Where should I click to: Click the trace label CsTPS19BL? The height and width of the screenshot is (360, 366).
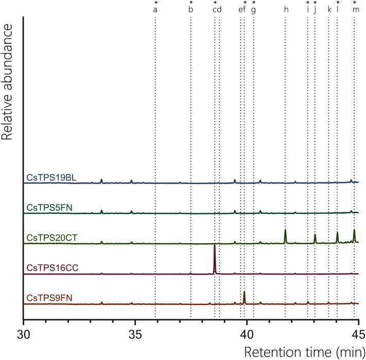click(x=51, y=178)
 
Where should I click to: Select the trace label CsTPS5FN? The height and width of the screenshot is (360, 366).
click(x=49, y=208)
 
